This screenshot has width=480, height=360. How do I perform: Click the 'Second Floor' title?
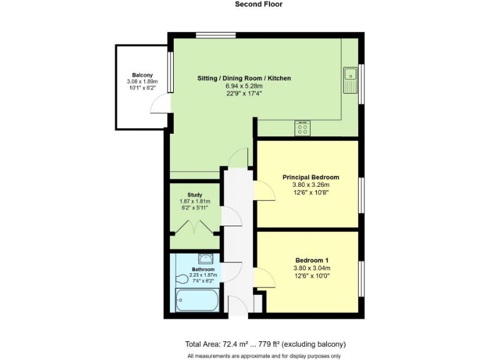point(258,4)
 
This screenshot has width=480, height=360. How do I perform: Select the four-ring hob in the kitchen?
point(302,128)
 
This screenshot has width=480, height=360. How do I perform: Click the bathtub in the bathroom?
point(196,301)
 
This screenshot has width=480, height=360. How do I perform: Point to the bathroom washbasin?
point(205,258)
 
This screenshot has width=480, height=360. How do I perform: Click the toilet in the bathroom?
point(181,279)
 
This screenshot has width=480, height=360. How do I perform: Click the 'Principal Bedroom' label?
point(311,177)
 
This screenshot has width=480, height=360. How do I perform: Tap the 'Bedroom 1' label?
point(311,260)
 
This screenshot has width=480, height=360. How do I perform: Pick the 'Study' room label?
point(194,194)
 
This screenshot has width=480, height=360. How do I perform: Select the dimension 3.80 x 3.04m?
point(311,268)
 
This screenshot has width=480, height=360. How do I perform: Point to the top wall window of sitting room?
point(211,34)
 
